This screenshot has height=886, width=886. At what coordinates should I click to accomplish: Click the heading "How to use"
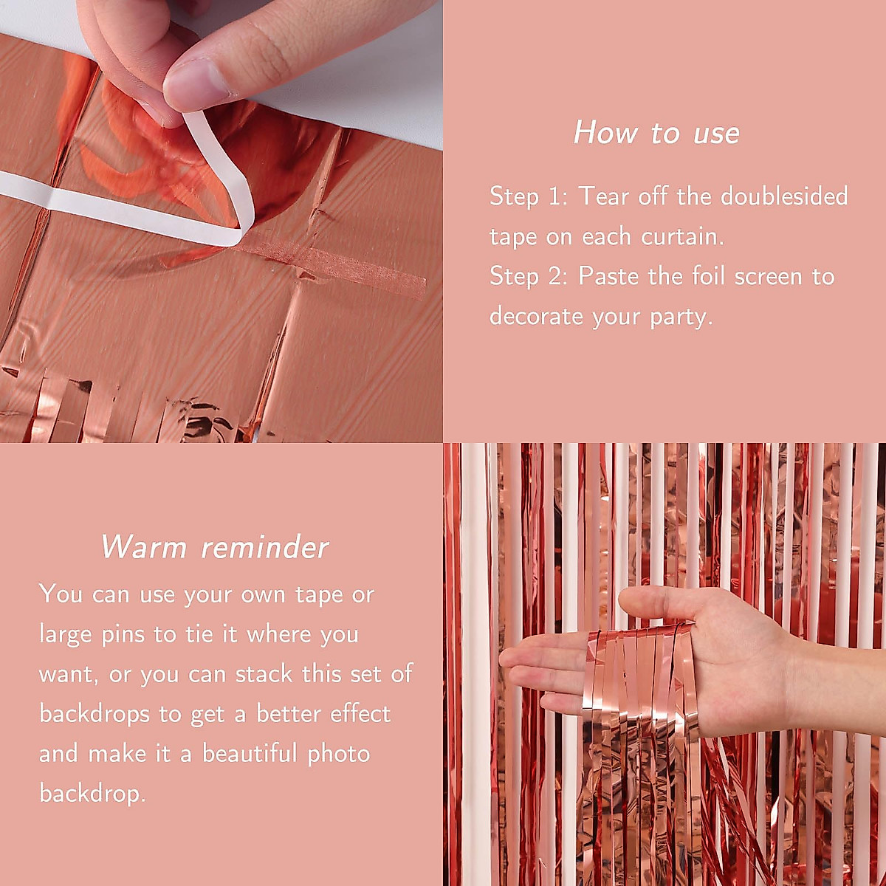coord(656,133)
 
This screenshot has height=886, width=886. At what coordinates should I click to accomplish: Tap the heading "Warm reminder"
coord(214,547)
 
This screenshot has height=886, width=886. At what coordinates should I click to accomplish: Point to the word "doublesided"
coord(784,196)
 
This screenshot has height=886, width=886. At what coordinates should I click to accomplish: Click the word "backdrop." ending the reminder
coord(92,794)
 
